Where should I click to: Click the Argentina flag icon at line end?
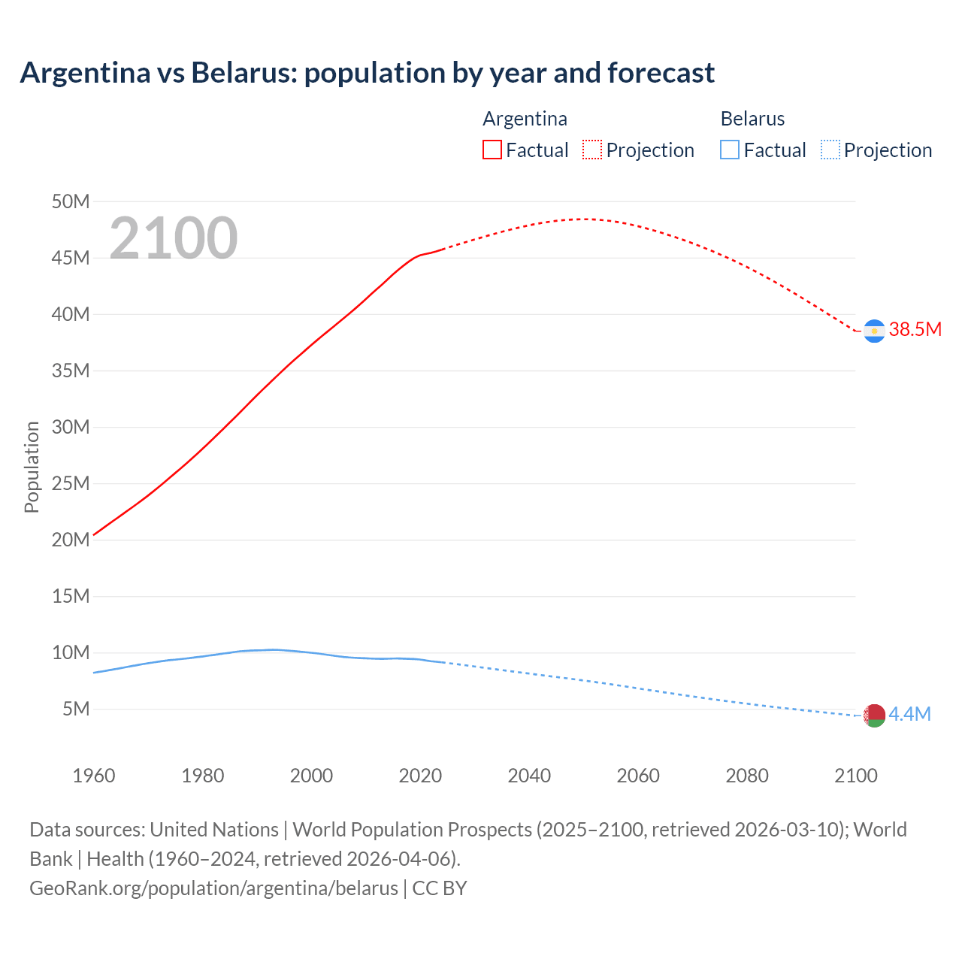pyautogui.click(x=874, y=331)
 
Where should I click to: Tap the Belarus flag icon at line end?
pyautogui.click(x=874, y=715)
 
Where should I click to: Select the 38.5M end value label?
pyautogui.click(x=915, y=329)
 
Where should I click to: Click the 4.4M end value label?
pyautogui.click(x=909, y=714)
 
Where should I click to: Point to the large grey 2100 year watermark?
pyautogui.click(x=174, y=238)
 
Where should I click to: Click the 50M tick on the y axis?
pyautogui.click(x=71, y=201)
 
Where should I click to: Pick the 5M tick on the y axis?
pyautogui.click(x=76, y=709)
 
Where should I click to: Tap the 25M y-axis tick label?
pyautogui.click(x=71, y=483)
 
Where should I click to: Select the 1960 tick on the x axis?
pyautogui.click(x=94, y=776)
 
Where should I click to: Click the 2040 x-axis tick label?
pyautogui.click(x=529, y=776)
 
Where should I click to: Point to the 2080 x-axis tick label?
pyautogui.click(x=747, y=776)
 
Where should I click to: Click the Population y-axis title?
pyautogui.click(x=32, y=467)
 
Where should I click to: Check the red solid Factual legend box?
pyautogui.click(x=492, y=150)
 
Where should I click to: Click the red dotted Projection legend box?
pyautogui.click(x=592, y=150)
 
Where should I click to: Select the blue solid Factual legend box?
pyautogui.click(x=730, y=150)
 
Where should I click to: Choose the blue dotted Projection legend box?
pyautogui.click(x=830, y=150)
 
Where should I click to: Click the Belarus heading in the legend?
pyautogui.click(x=752, y=119)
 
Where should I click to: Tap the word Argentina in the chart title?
pyautogui.click(x=85, y=73)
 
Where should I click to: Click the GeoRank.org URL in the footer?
pyautogui.click(x=213, y=888)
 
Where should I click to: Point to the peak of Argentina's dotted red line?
pyautogui.click(x=583, y=219)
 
